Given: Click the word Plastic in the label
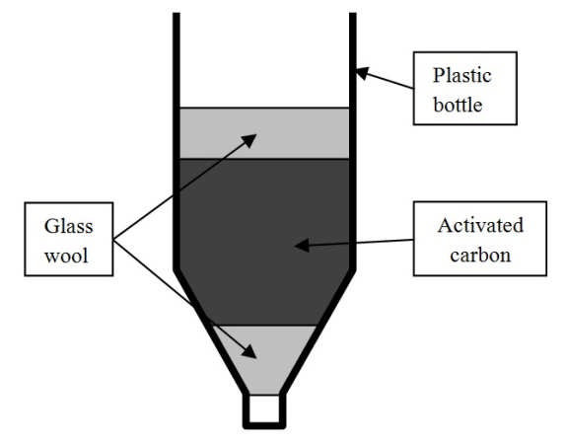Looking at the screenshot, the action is point(462,76).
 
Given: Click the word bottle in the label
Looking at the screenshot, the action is point(458,105).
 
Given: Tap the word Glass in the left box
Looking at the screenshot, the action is point(69,227).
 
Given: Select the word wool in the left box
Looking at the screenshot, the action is point(66,257).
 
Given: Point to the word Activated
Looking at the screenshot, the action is point(480,225).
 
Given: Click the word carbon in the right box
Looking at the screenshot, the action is point(480,256).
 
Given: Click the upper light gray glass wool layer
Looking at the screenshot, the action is point(264,133).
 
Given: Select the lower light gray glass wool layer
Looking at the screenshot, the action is point(264,359).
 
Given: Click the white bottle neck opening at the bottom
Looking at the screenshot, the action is point(264,408).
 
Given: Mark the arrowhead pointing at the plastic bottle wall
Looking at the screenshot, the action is point(362,73).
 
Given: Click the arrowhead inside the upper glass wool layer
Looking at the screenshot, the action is point(250,139).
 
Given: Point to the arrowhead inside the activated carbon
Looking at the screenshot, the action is point(302,246).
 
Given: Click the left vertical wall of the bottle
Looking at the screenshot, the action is point(177,142).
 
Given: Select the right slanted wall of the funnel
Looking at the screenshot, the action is point(318,333).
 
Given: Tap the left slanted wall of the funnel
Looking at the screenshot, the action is point(211,333).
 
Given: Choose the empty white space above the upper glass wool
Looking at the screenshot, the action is point(264,60).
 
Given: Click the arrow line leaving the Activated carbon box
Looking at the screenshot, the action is point(354,243).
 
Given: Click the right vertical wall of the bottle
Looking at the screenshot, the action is point(353,142).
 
